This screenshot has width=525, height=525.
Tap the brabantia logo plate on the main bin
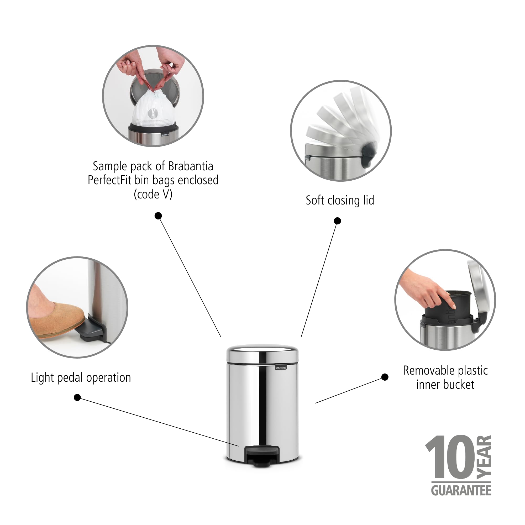point(281,368)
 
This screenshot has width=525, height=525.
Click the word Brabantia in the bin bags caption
point(191,166)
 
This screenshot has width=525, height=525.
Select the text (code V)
point(153,194)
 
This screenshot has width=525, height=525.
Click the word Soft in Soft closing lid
point(315,201)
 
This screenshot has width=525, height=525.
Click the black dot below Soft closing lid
point(337,221)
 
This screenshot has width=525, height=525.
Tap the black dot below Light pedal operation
point(77,397)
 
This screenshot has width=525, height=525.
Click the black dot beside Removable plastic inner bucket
point(385,377)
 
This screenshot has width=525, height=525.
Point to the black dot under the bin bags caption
point(158,216)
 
